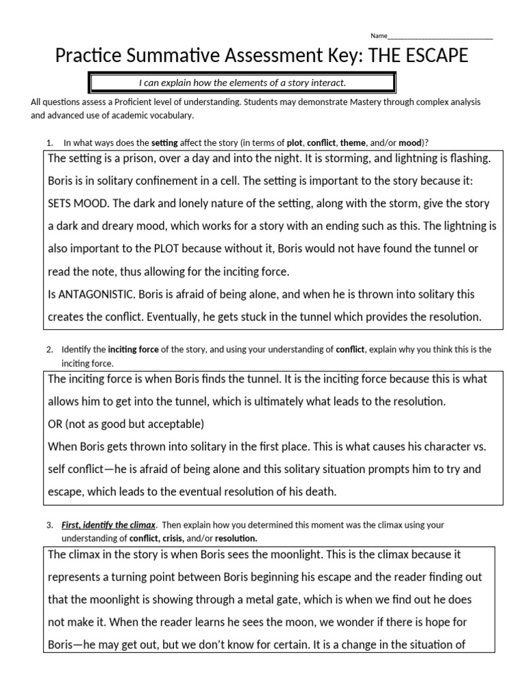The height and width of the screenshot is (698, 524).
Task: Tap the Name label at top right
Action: pyautogui.click(x=379, y=35)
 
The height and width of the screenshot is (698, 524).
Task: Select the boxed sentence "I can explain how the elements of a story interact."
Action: pyautogui.click(x=242, y=83)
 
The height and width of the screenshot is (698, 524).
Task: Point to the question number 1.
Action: pyautogui.click(x=49, y=142)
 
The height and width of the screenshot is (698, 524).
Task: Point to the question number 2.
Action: pyautogui.click(x=49, y=350)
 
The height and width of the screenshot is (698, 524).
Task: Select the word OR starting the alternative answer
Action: pyautogui.click(x=55, y=424)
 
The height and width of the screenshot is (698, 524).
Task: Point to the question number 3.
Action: pyautogui.click(x=49, y=526)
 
